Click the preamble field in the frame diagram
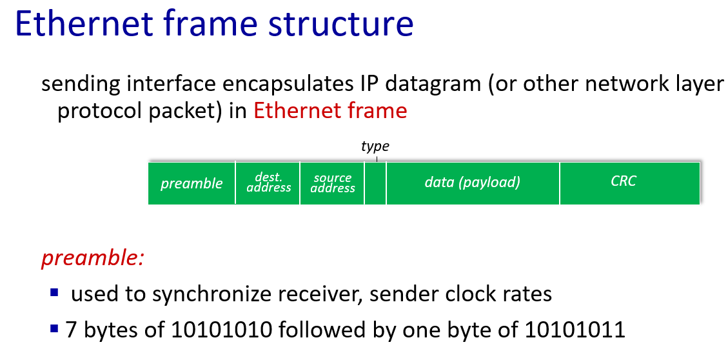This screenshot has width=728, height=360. [x=192, y=183]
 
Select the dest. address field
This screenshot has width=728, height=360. [x=268, y=183]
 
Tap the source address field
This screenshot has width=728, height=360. [x=332, y=183]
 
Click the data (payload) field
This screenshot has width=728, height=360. [x=473, y=183]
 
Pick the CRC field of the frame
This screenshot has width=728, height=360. [x=629, y=183]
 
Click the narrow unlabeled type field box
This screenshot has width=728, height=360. [x=375, y=183]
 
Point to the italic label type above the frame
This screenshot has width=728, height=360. [x=375, y=147]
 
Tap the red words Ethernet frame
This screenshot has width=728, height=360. [x=330, y=110]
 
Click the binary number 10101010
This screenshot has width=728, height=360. [x=221, y=330]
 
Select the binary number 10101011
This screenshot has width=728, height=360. [x=575, y=330]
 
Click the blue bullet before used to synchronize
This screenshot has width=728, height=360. [x=55, y=293]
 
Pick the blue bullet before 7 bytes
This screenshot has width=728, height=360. [x=55, y=329]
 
